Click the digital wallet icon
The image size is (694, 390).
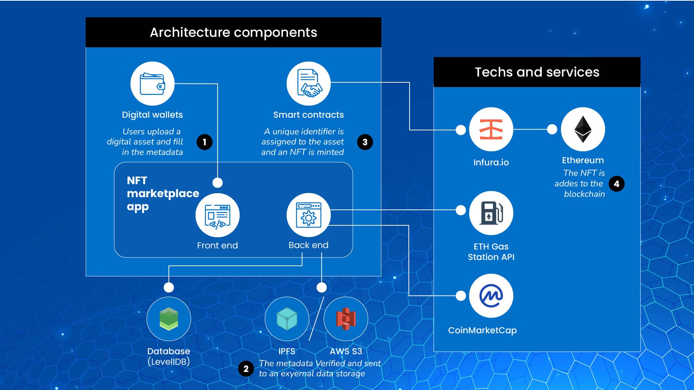pos(152,84)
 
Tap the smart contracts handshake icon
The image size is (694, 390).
pos(308,84)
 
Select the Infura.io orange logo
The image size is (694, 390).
pos(491,129)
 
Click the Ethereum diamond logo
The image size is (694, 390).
pos(583,129)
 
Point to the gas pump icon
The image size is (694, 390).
pos(491,213)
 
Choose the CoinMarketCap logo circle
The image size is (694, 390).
pos(491,296)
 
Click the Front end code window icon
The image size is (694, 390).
pos(217,216)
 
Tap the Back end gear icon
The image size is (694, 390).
pos(308,215)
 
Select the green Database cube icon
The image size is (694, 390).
pos(168,319)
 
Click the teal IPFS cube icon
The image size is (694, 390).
pos(287,319)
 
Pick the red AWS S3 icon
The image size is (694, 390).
pos(346,319)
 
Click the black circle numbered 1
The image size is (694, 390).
pos(205,142)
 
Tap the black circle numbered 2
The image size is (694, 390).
pos(246,369)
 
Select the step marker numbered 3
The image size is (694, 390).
pos(365,142)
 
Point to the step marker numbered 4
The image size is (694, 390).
pos(616,184)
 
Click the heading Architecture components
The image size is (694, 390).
pos(234,32)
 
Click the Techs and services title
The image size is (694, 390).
pos(537,72)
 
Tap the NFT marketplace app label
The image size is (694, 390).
pos(163,194)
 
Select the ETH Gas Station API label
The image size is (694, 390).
pos(491,252)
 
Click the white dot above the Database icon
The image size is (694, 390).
pos(168,287)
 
